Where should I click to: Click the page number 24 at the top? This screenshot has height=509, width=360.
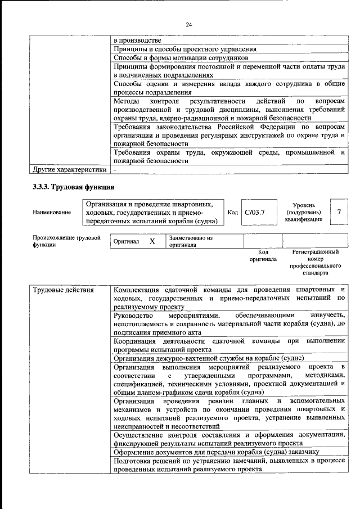[x=188, y=25]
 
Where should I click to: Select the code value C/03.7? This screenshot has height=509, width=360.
[x=255, y=212]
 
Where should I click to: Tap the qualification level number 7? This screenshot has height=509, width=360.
[x=339, y=211]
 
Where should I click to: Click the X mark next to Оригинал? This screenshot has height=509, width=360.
[x=151, y=241]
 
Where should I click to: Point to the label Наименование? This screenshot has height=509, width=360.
[x=52, y=212]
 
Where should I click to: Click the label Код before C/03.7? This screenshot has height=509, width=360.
[x=232, y=212]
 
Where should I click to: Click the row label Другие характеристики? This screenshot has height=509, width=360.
[x=69, y=169]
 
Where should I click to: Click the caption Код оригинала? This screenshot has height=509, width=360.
[x=263, y=256]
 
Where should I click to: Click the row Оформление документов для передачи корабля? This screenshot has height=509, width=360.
[x=217, y=451]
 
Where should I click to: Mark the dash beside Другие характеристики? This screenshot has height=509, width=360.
[x=115, y=169]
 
